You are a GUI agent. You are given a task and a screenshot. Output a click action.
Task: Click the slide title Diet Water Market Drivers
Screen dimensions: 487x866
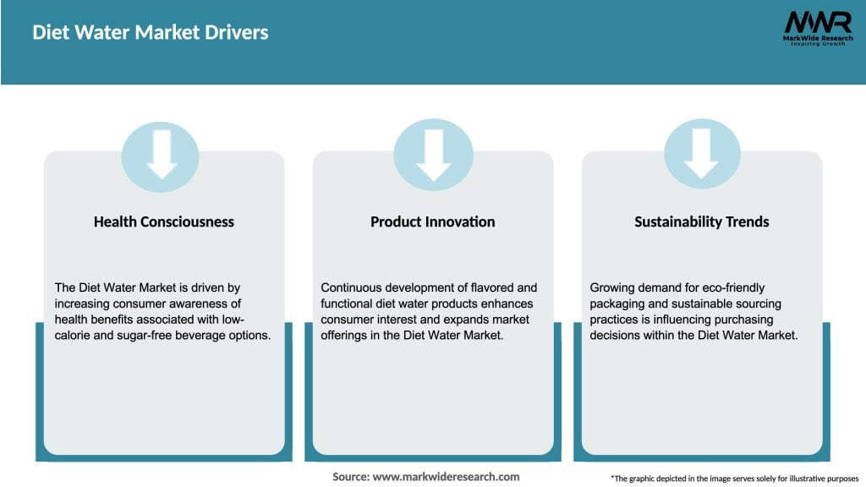(150, 33)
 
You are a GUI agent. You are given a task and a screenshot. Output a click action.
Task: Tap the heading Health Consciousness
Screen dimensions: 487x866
(164, 222)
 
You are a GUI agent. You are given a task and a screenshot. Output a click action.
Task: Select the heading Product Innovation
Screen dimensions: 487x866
(433, 222)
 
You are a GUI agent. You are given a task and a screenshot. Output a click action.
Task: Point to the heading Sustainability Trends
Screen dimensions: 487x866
(702, 222)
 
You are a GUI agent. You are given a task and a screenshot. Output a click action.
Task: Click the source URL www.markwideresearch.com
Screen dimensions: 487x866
(446, 477)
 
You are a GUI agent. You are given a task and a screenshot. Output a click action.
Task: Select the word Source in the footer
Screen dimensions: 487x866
(350, 477)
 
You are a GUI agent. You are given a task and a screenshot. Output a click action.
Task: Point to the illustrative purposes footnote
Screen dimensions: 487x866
(734, 479)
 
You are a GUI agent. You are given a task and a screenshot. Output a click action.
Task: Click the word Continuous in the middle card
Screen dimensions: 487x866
(351, 288)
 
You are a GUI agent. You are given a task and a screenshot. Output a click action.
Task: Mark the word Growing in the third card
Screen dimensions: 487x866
(612, 288)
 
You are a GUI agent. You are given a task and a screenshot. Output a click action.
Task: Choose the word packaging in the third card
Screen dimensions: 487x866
(617, 304)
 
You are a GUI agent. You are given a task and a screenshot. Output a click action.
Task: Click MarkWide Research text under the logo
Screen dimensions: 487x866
(817, 39)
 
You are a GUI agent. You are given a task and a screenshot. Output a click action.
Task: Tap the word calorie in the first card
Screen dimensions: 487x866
(74, 336)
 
